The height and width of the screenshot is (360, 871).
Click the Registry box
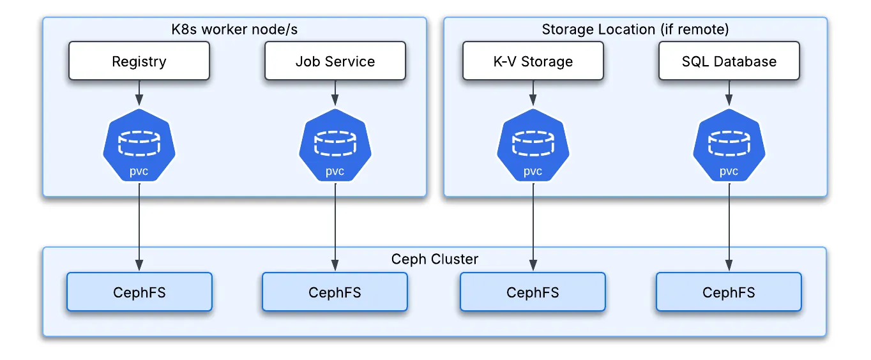tap(139, 61)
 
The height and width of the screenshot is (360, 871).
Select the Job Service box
tap(335, 61)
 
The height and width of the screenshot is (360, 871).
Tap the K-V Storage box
tap(533, 61)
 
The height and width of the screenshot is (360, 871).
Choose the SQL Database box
tap(729, 61)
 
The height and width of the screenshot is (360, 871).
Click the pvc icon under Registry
tap(139, 146)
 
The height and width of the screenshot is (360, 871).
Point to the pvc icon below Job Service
tap(335, 146)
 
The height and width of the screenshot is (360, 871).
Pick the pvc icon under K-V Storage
tap(533, 146)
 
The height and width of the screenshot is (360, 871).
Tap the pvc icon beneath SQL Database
tap(729, 146)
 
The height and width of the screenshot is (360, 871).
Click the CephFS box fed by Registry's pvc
tap(139, 292)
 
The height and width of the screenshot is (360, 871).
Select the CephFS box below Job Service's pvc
tap(335, 292)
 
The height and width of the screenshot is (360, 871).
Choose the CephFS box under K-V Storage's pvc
tap(533, 292)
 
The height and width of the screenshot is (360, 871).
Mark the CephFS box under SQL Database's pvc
tap(729, 292)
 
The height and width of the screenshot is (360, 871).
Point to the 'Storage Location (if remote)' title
tap(635, 29)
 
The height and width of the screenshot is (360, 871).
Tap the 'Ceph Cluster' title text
tap(434, 259)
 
